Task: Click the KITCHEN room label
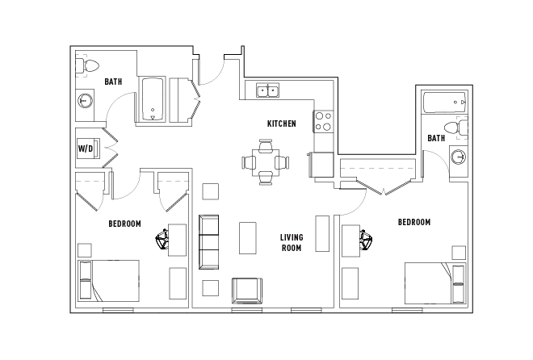(281, 124)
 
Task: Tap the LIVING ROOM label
(291, 242)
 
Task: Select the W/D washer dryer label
(85, 149)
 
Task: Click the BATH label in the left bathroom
(113, 82)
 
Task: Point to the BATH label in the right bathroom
(436, 139)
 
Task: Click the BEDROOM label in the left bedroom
(125, 224)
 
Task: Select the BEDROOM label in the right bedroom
(413, 222)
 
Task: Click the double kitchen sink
(268, 90)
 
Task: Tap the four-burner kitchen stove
(323, 121)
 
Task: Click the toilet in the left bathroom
(87, 65)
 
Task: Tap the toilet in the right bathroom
(462, 128)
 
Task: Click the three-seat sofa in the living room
(208, 241)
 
